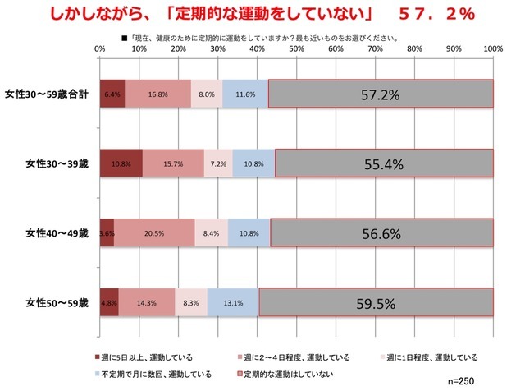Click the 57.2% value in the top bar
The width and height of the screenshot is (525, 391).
[381, 94]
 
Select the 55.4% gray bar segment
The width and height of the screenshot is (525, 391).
[384, 164]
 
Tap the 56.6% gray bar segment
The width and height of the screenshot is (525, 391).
[381, 233]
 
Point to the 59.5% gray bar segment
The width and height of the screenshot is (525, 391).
[377, 303]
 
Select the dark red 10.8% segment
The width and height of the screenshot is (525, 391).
[121, 164]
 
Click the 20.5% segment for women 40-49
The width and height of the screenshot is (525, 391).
[154, 233]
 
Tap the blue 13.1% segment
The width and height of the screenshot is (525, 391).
[233, 303]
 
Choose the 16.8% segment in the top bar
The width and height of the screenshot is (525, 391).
[157, 94]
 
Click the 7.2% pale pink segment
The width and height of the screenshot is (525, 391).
[218, 164]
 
